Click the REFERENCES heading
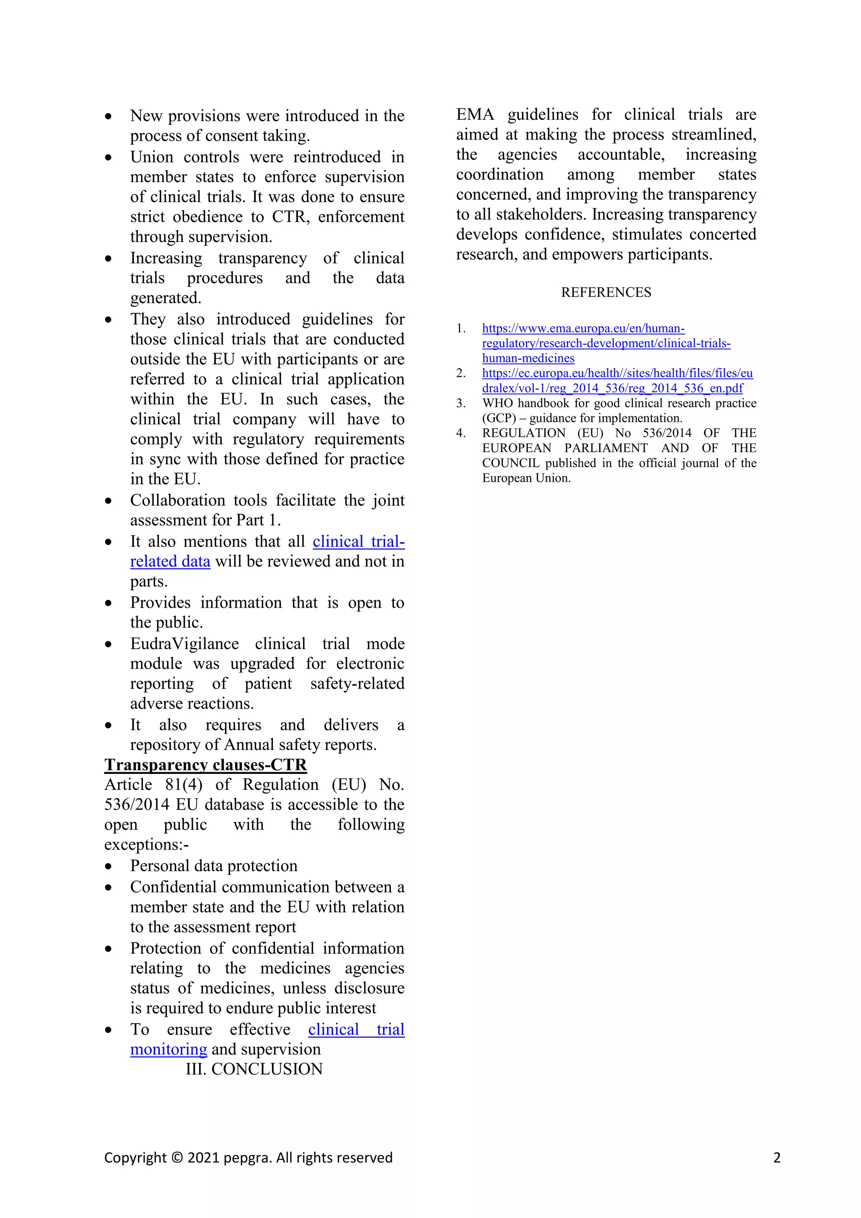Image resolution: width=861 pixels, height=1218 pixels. pyautogui.click(x=606, y=292)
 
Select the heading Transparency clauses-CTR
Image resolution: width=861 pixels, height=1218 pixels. pyautogui.click(x=205, y=765)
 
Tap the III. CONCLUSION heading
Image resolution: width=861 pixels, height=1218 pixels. pyautogui.click(x=254, y=1069)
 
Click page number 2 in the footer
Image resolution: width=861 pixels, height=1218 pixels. pyautogui.click(x=776, y=1157)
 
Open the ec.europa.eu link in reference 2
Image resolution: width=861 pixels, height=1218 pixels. pyautogui.click(x=617, y=373)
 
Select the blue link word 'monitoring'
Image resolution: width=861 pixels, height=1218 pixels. pyautogui.click(x=169, y=1049)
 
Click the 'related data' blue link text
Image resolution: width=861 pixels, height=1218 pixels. pyautogui.click(x=170, y=561)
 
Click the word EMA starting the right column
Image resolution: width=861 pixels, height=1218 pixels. pyautogui.click(x=475, y=114)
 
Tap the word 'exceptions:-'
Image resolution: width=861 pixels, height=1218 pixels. pyautogui.click(x=146, y=845)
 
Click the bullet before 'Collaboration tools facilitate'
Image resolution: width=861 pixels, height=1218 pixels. pyautogui.click(x=109, y=501)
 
